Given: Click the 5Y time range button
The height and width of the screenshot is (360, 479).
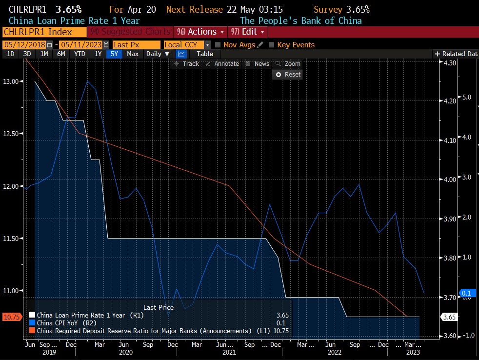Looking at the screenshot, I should [114, 54].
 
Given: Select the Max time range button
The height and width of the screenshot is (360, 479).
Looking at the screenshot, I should [133, 54].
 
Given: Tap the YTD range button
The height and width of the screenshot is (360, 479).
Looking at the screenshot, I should [79, 54].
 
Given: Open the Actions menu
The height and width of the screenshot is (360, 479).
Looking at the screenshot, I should [200, 32].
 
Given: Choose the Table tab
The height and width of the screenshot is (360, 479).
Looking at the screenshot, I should [205, 54].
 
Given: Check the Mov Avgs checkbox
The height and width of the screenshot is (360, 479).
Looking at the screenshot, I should [218, 45].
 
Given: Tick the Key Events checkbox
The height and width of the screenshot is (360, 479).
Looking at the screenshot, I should [272, 45].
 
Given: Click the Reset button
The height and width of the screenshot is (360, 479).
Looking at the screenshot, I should [288, 75].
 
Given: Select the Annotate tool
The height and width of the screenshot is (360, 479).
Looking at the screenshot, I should [222, 64].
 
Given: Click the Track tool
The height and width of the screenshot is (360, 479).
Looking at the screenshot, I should [187, 64].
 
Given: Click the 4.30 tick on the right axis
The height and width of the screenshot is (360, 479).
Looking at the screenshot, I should [449, 63].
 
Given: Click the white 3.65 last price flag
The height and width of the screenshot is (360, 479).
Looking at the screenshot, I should [449, 317].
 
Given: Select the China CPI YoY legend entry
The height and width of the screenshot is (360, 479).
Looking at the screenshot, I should [61, 322].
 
